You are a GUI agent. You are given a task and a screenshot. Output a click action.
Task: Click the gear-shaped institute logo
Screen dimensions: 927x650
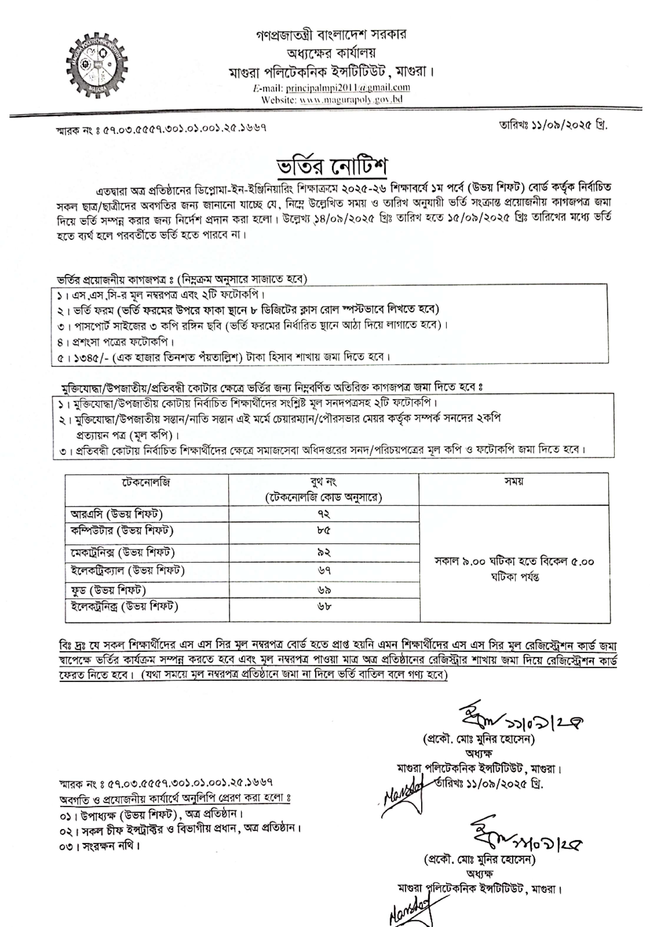pyautogui.click(x=97, y=65)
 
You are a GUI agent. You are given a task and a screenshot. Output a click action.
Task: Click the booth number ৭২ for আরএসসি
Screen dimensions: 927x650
pyautogui.click(x=324, y=514)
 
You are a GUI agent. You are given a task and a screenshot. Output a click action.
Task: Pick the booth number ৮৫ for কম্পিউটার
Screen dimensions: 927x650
pyautogui.click(x=324, y=531)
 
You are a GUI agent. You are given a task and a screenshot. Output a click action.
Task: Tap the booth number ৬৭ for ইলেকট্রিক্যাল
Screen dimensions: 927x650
pyautogui.click(x=324, y=570)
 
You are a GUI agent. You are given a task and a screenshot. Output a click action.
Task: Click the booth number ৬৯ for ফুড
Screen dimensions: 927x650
pyautogui.click(x=324, y=590)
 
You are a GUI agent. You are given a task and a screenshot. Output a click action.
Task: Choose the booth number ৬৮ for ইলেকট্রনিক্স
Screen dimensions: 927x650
pyautogui.click(x=324, y=606)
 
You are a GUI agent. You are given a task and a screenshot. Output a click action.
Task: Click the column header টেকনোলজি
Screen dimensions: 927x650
pyautogui.click(x=146, y=482)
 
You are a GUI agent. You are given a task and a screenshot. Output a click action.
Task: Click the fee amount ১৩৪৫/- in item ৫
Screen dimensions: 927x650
pyautogui.click(x=83, y=357)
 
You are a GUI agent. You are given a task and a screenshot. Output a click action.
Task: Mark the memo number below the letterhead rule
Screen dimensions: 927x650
pyautogui.click(x=161, y=129)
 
